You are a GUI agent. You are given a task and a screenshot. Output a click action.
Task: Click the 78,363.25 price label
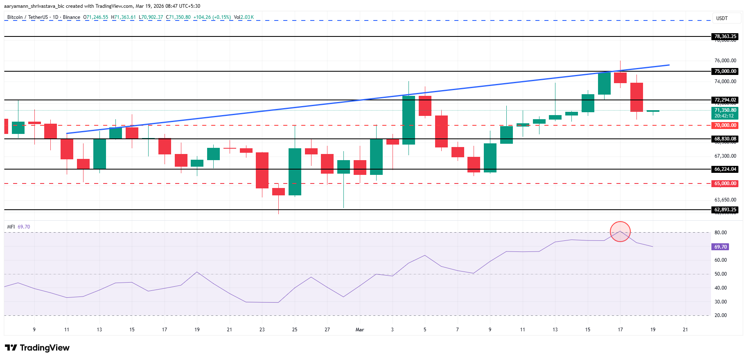click(x=725, y=36)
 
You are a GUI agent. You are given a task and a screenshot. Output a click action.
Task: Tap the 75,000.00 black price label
click(x=725, y=71)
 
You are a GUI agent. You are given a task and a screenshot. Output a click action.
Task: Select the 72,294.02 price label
click(x=725, y=100)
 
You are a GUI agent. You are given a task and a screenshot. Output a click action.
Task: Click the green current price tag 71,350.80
click(x=725, y=113)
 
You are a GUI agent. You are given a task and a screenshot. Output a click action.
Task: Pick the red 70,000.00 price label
click(x=725, y=125)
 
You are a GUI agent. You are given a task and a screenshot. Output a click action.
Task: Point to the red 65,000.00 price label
click(x=725, y=183)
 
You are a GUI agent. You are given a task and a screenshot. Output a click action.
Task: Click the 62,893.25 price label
click(x=725, y=210)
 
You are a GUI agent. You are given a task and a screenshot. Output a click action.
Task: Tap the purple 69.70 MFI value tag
click(x=720, y=247)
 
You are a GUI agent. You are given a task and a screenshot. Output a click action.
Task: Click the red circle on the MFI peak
click(x=620, y=231)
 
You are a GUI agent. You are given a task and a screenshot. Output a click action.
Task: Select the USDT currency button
click(x=722, y=18)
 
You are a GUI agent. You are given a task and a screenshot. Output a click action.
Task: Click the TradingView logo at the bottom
click(x=38, y=348)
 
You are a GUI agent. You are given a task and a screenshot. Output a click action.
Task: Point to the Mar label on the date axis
click(x=360, y=330)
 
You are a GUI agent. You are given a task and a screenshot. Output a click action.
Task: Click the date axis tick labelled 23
click(x=262, y=330)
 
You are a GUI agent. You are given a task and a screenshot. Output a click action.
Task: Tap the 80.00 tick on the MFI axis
click(x=720, y=233)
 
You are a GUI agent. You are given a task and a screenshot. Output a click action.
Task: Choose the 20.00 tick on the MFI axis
click(x=720, y=315)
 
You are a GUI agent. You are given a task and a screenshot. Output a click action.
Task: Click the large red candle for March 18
click(x=636, y=97)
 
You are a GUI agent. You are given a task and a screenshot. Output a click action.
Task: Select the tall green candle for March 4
click(x=408, y=120)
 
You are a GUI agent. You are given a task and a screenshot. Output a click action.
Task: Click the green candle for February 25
click(x=295, y=172)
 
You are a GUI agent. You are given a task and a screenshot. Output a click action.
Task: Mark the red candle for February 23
click(x=262, y=170)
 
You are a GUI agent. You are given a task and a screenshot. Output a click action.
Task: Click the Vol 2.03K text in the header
click(x=244, y=17)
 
